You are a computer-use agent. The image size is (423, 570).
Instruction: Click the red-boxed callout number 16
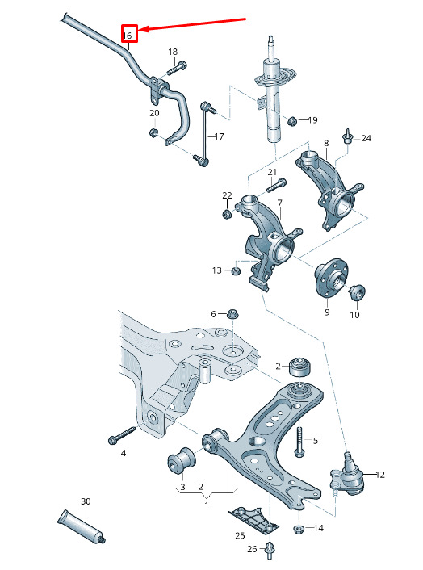[x=127, y=36]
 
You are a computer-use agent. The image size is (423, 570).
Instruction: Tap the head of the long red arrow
[x=141, y=30]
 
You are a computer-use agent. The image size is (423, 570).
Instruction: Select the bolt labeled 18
[x=177, y=68]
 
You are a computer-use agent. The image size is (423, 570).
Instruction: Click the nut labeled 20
[x=153, y=132]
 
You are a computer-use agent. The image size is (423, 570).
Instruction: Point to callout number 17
[x=219, y=136]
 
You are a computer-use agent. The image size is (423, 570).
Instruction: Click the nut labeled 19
[x=291, y=120]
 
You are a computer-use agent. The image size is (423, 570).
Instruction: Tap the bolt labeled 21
[x=277, y=185]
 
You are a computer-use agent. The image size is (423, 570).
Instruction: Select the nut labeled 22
[x=227, y=214]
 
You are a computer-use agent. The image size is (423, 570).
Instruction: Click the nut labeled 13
[x=236, y=270]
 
